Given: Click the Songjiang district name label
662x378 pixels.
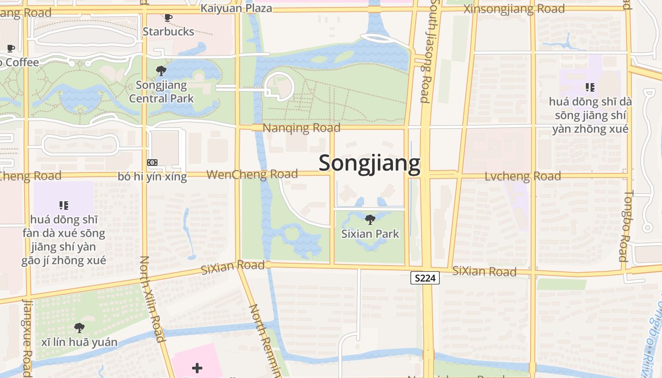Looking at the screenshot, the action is click(x=369, y=163).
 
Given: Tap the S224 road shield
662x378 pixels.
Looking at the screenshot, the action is click(x=425, y=278).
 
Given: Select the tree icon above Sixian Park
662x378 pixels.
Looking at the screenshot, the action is click(x=370, y=219).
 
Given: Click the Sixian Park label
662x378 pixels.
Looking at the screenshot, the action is click(x=370, y=234).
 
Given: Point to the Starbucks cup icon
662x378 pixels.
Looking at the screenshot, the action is click(x=168, y=18).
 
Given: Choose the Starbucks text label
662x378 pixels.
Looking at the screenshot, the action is click(x=168, y=32).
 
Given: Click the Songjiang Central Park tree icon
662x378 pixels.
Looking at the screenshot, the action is click(x=161, y=71).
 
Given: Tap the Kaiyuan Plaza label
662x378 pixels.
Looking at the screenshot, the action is click(x=236, y=8).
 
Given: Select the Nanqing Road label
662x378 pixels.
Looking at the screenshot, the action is click(x=301, y=128).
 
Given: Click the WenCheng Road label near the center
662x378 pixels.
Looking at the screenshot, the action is click(x=252, y=174).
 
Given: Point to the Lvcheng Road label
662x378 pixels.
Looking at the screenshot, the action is click(x=523, y=176).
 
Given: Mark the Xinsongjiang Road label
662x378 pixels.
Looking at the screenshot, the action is click(x=514, y=9).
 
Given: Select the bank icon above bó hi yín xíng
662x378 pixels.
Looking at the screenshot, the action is click(x=152, y=163).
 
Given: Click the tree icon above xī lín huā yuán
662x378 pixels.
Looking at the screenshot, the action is click(x=79, y=327).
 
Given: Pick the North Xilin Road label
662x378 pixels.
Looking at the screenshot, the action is click(x=152, y=299).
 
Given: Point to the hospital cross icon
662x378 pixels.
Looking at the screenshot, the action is click(x=197, y=368).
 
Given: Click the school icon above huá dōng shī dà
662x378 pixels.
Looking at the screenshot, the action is click(x=590, y=87).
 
